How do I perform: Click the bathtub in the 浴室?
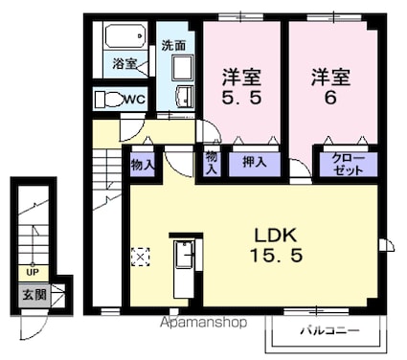(x=125, y=36)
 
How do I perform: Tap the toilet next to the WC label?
(x=109, y=100)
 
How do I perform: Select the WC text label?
(x=135, y=100)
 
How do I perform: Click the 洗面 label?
(x=173, y=46)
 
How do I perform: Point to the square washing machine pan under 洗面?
(x=183, y=68)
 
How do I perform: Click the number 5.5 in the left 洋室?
(x=242, y=98)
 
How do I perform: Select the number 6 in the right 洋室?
(x=330, y=98)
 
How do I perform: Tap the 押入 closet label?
(x=255, y=162)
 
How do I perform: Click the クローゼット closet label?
(x=348, y=165)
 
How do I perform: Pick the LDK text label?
(x=276, y=236)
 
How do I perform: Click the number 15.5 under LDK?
(x=276, y=256)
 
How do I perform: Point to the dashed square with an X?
(x=140, y=257)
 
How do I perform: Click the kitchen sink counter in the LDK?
(x=184, y=269)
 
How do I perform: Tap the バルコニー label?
(x=329, y=330)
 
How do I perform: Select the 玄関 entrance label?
(x=34, y=295)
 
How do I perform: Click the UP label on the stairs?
(x=33, y=272)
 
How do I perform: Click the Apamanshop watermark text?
(x=203, y=323)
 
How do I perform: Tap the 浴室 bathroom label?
(x=124, y=64)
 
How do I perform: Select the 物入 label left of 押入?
(x=212, y=163)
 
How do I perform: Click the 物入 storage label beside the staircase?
(x=143, y=165)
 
